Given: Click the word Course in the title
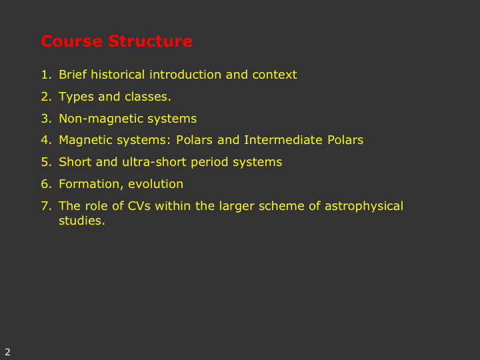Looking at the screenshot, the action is [x=71, y=41].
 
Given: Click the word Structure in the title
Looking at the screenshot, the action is [x=150, y=41].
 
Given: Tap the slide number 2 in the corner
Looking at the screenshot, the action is [x=7, y=352].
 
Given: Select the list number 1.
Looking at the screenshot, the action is [x=46, y=75].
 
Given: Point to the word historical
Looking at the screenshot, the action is [x=117, y=75].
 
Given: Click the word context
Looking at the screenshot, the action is [x=275, y=75].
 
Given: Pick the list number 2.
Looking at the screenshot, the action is [x=46, y=97].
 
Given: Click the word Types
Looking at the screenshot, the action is [x=76, y=97].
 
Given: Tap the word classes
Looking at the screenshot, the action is [x=147, y=97].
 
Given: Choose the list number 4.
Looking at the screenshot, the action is [x=46, y=140].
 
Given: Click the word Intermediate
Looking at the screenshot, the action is [x=283, y=140].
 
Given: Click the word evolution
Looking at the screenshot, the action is [x=155, y=184].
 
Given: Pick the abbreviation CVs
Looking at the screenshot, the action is [x=139, y=206].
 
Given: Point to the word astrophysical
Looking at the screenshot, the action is [x=364, y=207].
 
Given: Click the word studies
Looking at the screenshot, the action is [x=82, y=221].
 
